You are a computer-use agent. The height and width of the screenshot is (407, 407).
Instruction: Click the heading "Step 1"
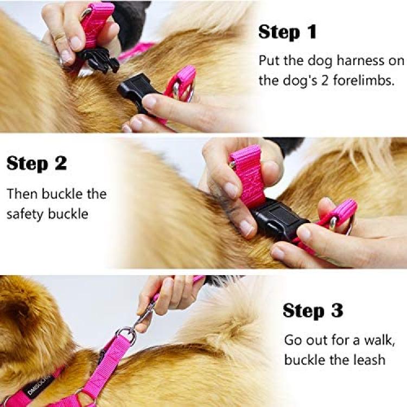(x=287, y=32)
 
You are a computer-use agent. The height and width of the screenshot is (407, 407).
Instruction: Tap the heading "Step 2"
(x=36, y=163)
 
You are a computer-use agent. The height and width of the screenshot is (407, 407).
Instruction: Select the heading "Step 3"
(x=313, y=310)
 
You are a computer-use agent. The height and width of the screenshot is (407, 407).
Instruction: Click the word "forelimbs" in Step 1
(x=364, y=80)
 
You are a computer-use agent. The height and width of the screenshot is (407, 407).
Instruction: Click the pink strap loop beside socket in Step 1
(x=182, y=83)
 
